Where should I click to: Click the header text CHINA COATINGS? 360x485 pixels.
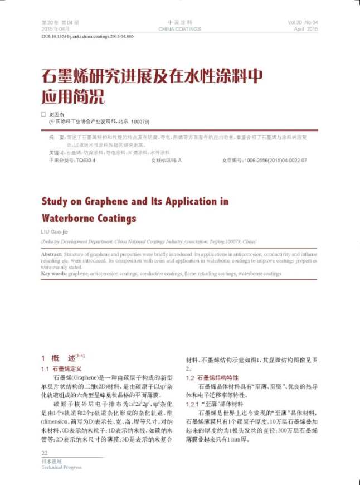click(179, 28)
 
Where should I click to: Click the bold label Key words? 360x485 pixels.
click(54, 274)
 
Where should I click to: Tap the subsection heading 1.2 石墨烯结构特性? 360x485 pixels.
click(211, 377)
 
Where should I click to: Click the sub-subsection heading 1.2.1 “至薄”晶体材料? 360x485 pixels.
click(215, 404)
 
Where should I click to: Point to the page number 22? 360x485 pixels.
click(45, 453)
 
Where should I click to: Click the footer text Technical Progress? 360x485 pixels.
click(61, 467)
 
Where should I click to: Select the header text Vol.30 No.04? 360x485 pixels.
click(303, 22)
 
